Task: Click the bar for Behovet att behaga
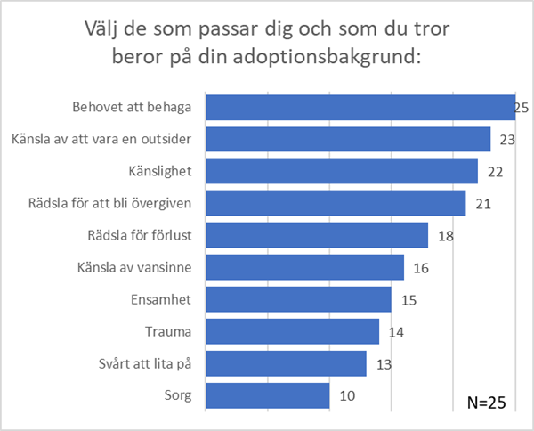point(360,107)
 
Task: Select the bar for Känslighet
point(342,171)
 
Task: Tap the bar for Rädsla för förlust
point(317,235)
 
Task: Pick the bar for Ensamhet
point(298,299)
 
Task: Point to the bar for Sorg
point(267,395)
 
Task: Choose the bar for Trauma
point(292,331)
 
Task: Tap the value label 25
point(522,108)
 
